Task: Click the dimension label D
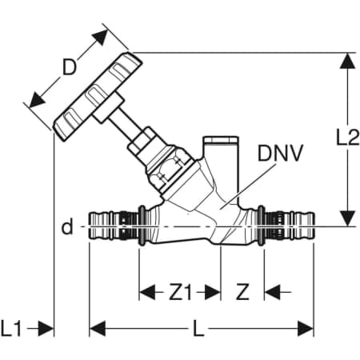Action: [x=70, y=67]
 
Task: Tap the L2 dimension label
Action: [x=348, y=138]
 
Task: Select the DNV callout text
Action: [x=280, y=154]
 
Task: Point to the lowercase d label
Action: [x=67, y=227]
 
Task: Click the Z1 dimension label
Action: [x=180, y=292]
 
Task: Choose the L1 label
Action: [x=11, y=328]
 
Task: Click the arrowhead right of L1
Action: [x=46, y=329]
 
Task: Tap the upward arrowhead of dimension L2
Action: [x=348, y=61]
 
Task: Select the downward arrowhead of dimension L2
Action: [x=348, y=218]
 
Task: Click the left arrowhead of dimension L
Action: [x=98, y=329]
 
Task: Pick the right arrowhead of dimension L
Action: [x=306, y=329]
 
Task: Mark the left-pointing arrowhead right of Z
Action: [x=272, y=292]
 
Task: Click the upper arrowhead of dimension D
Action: [x=101, y=37]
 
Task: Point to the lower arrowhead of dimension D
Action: [x=36, y=100]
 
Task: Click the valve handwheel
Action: [x=98, y=97]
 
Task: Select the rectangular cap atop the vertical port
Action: [x=221, y=141]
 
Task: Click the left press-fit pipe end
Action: [x=114, y=227]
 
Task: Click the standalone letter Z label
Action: [x=242, y=292]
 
